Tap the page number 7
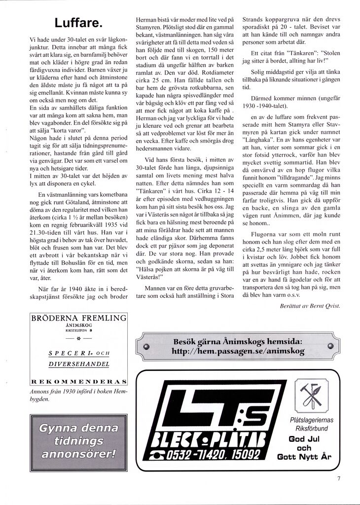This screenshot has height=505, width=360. (x=339, y=477)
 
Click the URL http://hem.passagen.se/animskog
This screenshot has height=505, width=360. (x=238, y=352)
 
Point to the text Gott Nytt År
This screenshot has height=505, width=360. (x=304, y=457)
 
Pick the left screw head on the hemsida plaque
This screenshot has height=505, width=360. (x=145, y=347)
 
